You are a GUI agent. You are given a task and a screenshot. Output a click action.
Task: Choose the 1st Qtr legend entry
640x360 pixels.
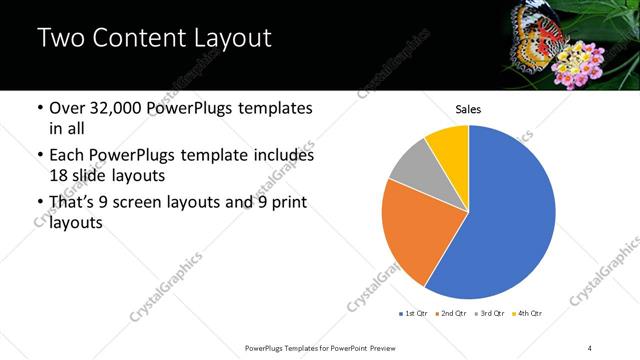414,314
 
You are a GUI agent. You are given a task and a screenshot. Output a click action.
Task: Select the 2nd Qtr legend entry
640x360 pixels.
454,314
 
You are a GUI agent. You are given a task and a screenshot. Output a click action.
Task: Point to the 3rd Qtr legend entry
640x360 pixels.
491,314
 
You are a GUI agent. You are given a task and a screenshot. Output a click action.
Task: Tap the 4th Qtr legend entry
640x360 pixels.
528,314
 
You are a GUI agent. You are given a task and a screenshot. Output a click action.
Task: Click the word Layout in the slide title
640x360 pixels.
224,40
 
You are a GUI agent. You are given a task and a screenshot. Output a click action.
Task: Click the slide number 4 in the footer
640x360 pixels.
590,347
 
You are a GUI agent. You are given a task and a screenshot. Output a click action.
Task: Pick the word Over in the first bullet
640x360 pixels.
71,108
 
